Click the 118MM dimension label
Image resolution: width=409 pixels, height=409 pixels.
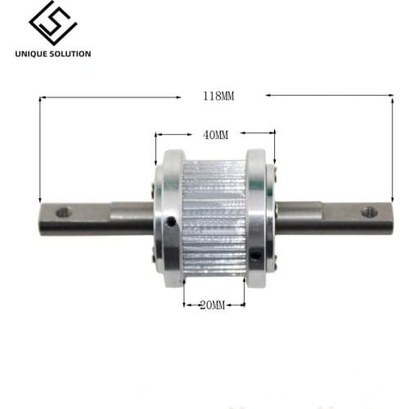pos(218,96)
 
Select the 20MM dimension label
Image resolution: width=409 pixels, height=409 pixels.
pos(212,305)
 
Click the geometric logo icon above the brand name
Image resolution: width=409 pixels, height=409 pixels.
pos(52,24)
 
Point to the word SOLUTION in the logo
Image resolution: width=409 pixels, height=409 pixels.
pos(69,54)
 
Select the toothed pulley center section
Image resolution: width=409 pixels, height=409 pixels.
pos(213,217)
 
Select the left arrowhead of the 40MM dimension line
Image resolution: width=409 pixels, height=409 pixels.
pos(158,133)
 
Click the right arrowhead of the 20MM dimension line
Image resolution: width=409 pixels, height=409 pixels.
pos(242,305)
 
